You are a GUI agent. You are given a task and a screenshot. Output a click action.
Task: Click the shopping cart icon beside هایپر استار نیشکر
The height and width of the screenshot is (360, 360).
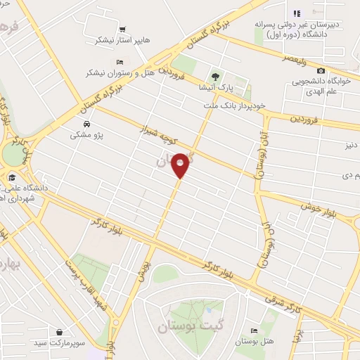(123, 30)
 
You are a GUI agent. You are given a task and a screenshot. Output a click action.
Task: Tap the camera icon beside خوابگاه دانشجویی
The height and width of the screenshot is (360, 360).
(321, 70)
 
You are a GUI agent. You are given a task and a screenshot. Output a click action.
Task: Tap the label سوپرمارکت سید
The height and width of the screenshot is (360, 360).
(61, 344)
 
